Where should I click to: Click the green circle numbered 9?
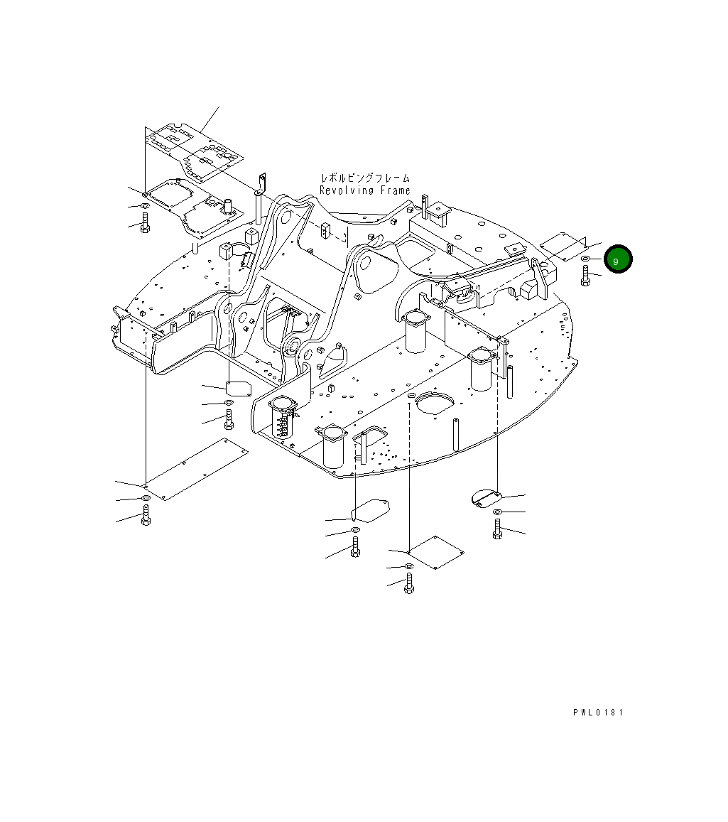pyautogui.click(x=618, y=259)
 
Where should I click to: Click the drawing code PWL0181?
pyautogui.click(x=598, y=713)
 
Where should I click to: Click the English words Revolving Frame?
pyautogui.click(x=365, y=190)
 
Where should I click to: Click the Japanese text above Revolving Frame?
pyautogui.click(x=365, y=178)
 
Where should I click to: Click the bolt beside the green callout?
pyautogui.click(x=586, y=275)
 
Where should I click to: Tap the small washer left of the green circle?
pyautogui.click(x=585, y=259)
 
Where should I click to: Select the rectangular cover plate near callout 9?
pyautogui.click(x=563, y=247)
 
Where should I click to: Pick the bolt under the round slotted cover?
pyautogui.click(x=497, y=529)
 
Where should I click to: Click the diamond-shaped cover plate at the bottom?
pyautogui.click(x=436, y=552)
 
